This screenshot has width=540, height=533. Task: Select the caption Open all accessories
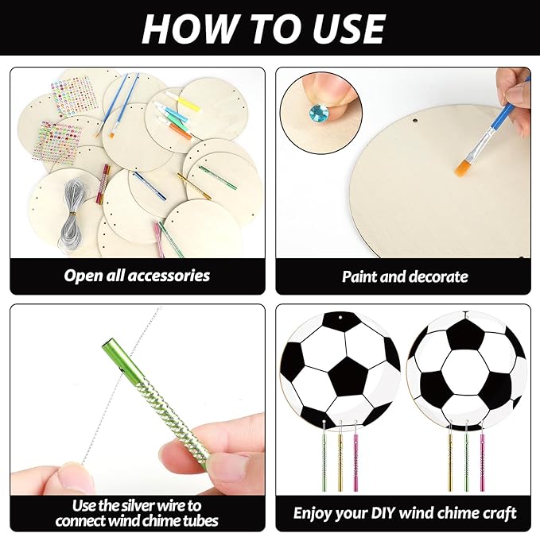137,276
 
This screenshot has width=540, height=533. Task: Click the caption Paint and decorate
405,277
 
